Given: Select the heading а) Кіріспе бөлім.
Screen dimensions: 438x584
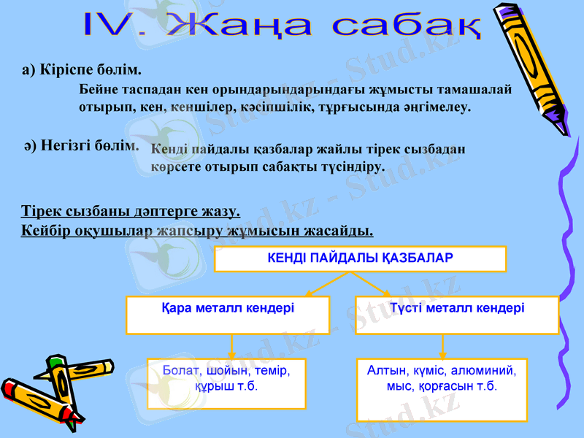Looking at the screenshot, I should tap(81, 70).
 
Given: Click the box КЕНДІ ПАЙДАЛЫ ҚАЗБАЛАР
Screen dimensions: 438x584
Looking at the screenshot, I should tap(360, 258).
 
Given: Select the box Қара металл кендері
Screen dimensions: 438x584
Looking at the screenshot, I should tap(227, 315).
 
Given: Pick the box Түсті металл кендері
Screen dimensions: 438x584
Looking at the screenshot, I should tap(457, 315).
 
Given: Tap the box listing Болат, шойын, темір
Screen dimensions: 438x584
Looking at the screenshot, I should tap(226, 383).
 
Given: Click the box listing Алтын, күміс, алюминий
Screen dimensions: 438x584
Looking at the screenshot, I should tap(441, 389).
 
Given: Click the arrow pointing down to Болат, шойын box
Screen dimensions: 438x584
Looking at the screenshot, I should tap(231, 347).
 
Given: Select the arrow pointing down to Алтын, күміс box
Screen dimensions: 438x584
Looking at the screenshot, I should tap(442, 347).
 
